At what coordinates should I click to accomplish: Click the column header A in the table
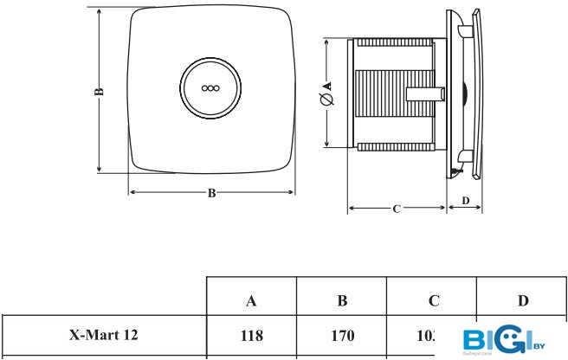tap(251, 301)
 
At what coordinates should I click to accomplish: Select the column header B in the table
tap(342, 301)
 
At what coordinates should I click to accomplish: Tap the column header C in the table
tap(433, 301)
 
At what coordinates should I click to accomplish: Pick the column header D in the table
tap(523, 301)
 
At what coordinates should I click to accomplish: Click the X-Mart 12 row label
tap(103, 333)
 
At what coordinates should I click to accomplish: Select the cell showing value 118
tap(251, 334)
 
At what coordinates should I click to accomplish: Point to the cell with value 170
tap(342, 334)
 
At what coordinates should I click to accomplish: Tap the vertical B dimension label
tap(100, 90)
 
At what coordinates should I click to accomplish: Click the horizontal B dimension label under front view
tap(211, 193)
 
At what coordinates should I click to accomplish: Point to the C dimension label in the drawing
tap(397, 209)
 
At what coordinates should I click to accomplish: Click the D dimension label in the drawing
tap(465, 201)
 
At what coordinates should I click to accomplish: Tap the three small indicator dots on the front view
tap(210, 87)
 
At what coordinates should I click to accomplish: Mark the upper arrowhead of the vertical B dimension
tap(100, 13)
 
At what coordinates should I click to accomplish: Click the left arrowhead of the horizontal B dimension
tap(132, 192)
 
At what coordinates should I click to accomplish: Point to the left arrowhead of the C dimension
tap(351, 209)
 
